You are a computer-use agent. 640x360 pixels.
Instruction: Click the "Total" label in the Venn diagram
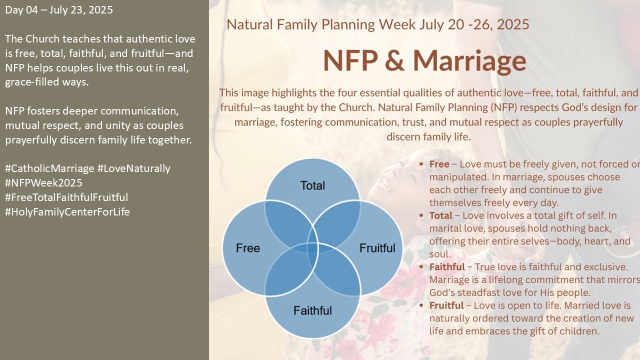(x=312, y=185)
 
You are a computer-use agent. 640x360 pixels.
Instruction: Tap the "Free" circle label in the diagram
(x=247, y=248)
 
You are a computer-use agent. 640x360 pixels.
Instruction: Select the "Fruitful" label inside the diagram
(x=377, y=248)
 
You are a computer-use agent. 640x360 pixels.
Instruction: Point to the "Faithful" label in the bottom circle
(x=312, y=310)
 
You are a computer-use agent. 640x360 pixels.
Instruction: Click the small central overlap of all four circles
(x=312, y=248)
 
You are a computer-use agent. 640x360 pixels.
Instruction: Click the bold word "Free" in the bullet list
(x=439, y=164)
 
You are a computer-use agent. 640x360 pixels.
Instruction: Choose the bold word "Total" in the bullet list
(x=440, y=215)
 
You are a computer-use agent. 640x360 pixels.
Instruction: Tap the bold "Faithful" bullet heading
(x=447, y=267)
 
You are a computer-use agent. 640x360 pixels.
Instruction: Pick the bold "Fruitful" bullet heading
(x=446, y=305)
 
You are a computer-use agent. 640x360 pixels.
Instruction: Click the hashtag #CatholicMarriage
(x=49, y=168)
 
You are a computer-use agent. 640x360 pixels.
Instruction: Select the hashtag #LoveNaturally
(x=133, y=168)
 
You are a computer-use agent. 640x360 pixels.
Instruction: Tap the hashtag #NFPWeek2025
(x=43, y=183)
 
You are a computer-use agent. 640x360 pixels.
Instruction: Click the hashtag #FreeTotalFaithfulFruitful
(x=66, y=197)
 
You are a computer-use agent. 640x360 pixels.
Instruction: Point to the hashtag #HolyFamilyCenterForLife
(x=67, y=212)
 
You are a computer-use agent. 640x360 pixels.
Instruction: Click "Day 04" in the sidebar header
(x=21, y=10)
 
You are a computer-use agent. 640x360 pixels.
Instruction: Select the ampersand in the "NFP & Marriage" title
(x=394, y=60)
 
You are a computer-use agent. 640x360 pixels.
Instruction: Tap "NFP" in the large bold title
(x=350, y=60)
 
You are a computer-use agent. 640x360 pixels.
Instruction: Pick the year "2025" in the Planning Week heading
(x=513, y=24)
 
